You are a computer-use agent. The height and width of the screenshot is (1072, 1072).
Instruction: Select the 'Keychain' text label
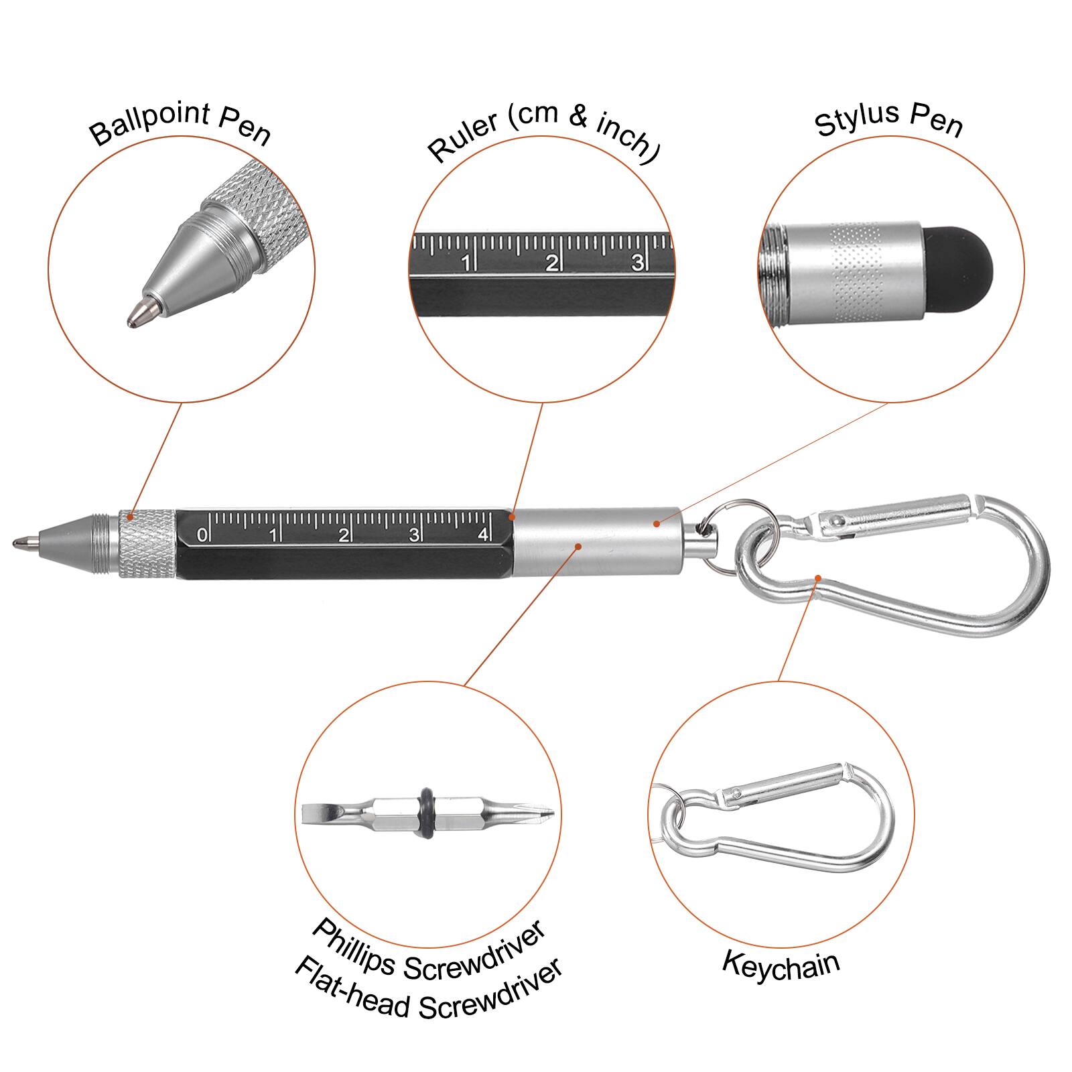[x=781, y=965]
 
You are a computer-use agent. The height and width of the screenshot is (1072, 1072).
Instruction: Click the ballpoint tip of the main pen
[x=20, y=541]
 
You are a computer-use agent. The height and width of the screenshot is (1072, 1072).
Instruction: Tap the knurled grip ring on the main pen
[x=147, y=543]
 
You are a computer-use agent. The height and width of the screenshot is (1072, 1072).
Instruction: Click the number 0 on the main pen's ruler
[x=202, y=535]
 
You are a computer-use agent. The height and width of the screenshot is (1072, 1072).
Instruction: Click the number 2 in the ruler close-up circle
[x=551, y=263]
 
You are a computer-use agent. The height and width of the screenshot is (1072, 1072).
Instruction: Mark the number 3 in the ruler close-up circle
[x=637, y=262]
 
